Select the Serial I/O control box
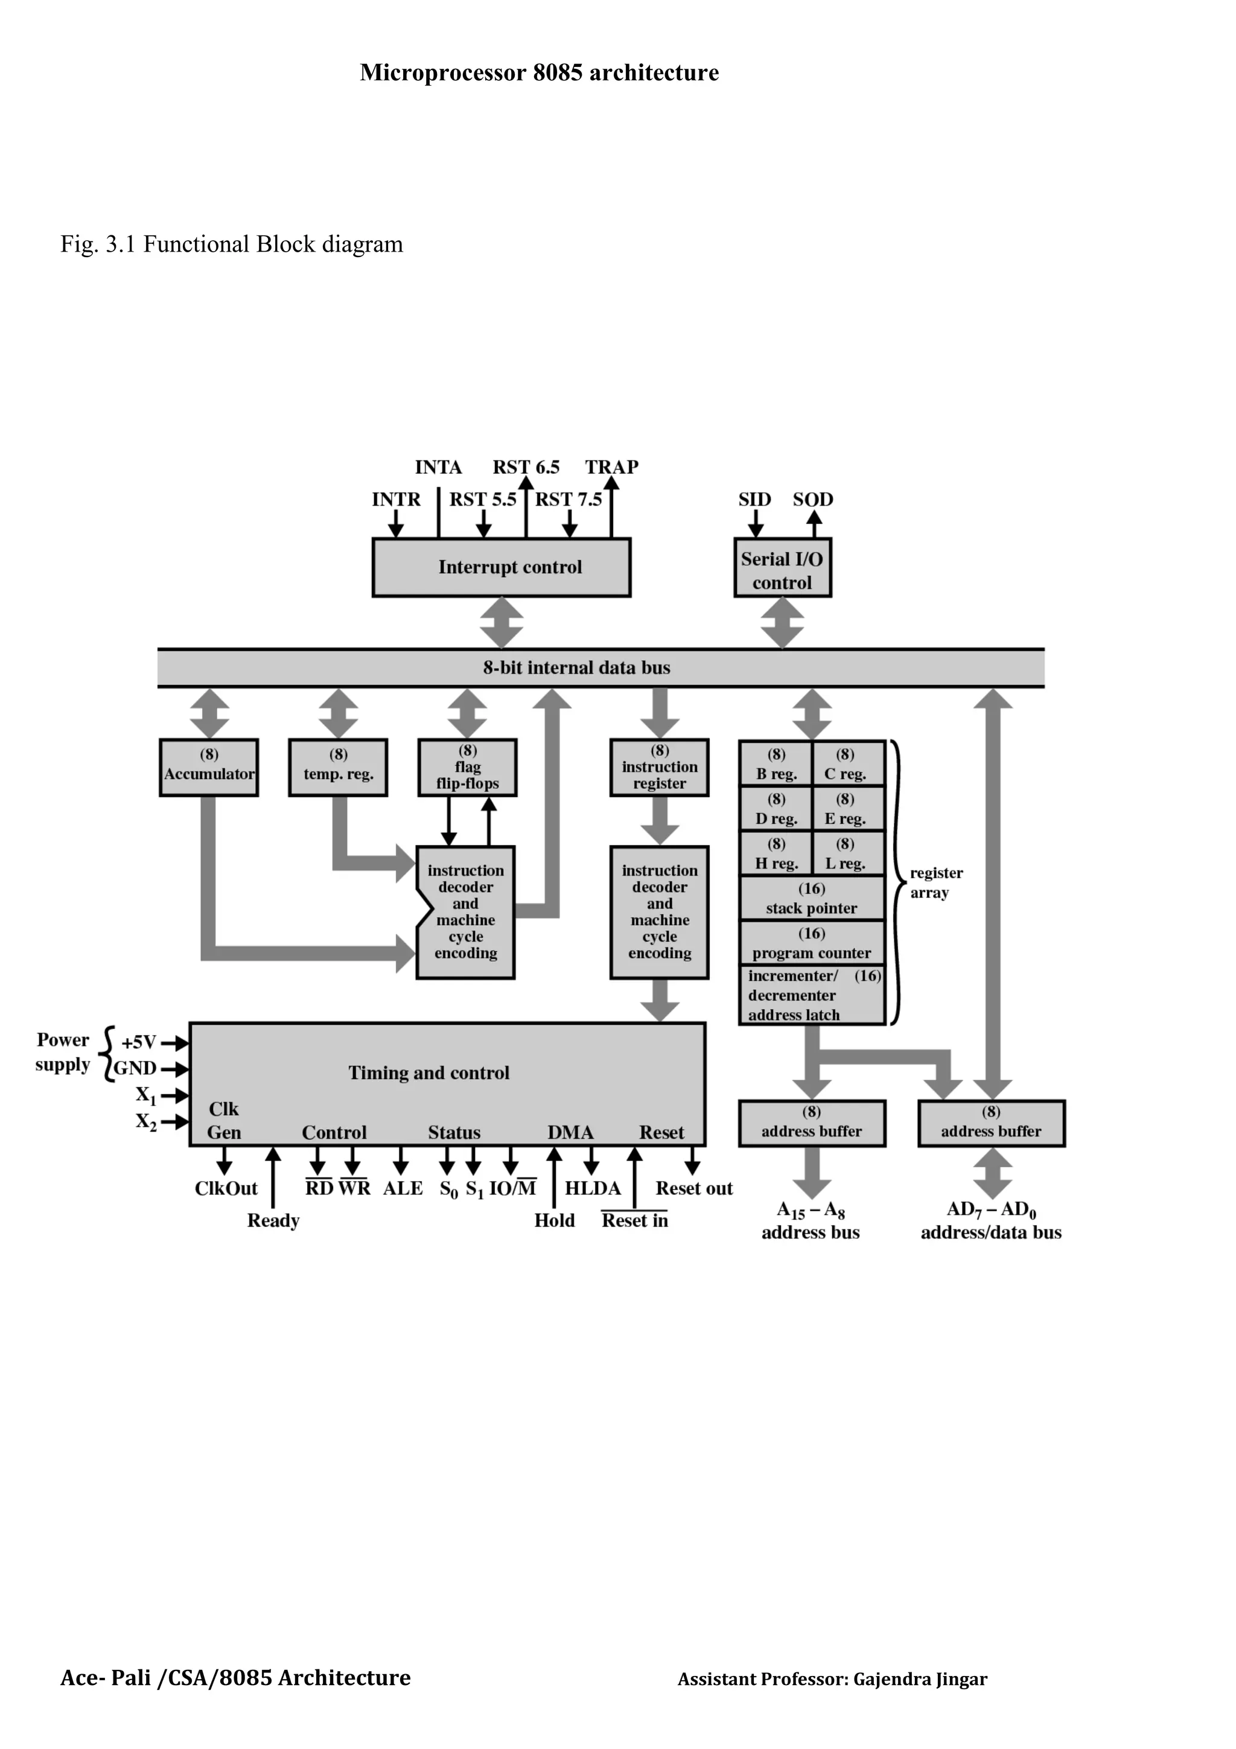pyautogui.click(x=782, y=567)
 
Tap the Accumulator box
pyautogui.click(x=209, y=767)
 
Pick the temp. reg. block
pyautogui.click(x=338, y=767)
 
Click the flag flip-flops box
pyautogui.click(x=467, y=767)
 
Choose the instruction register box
pyautogui.click(x=659, y=767)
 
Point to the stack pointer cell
pyautogui.click(x=811, y=899)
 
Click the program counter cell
pyautogui.click(x=811, y=944)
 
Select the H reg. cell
pyautogui.click(x=776, y=854)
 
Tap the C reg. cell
pyautogui.click(x=846, y=764)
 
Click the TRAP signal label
pyautogui.click(x=611, y=467)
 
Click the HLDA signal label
pyautogui.click(x=593, y=1188)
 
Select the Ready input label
pyautogui.click(x=273, y=1220)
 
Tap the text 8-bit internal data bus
pyautogui.click(x=576, y=668)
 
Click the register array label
pyautogui.click(x=936, y=883)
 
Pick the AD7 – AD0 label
pyautogui.click(x=991, y=1209)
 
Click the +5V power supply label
pyautogui.click(x=139, y=1042)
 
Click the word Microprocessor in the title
pyautogui.click(x=443, y=73)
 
